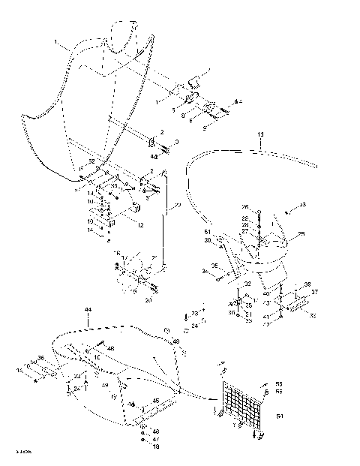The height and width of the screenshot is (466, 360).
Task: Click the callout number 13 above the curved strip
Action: pyautogui.click(x=260, y=134)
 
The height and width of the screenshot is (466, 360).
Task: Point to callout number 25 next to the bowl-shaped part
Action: pyautogui.click(x=301, y=234)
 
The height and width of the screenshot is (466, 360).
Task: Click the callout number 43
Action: pyautogui.click(x=302, y=204)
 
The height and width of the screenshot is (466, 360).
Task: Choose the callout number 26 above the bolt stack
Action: pyautogui.click(x=244, y=206)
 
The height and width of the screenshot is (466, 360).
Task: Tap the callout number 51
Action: pyautogui.click(x=208, y=234)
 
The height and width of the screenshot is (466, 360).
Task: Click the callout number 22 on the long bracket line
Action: pyautogui.click(x=176, y=206)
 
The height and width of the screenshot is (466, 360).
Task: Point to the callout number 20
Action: pyautogui.click(x=148, y=299)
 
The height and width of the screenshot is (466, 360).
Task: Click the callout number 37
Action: pyautogui.click(x=315, y=293)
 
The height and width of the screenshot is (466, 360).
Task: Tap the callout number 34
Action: pyautogui.click(x=205, y=270)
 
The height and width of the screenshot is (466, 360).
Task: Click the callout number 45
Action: pyautogui.click(x=156, y=400)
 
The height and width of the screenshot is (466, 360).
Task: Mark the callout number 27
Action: pyautogui.click(x=244, y=232)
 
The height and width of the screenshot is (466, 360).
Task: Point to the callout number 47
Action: pyautogui.click(x=156, y=438)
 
